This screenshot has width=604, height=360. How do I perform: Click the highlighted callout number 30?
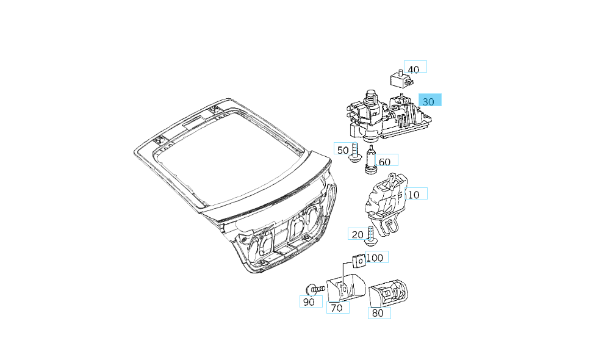(429, 101)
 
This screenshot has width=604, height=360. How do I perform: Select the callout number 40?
(414, 69)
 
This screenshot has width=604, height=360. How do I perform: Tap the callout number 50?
(342, 149)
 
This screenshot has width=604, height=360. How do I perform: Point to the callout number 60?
(385, 162)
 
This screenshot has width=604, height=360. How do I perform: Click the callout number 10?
(414, 195)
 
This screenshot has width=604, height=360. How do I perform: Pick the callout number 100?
(375, 258)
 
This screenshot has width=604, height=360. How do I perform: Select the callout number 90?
(310, 302)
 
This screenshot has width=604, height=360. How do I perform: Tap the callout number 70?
(336, 308)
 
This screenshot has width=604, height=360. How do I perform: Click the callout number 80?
(378, 313)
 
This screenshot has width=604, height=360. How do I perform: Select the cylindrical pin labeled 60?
(371, 160)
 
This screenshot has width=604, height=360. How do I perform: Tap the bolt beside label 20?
(370, 237)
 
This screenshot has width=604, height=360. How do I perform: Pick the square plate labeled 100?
(358, 261)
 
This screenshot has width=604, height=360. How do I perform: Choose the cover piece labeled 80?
(389, 292)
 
